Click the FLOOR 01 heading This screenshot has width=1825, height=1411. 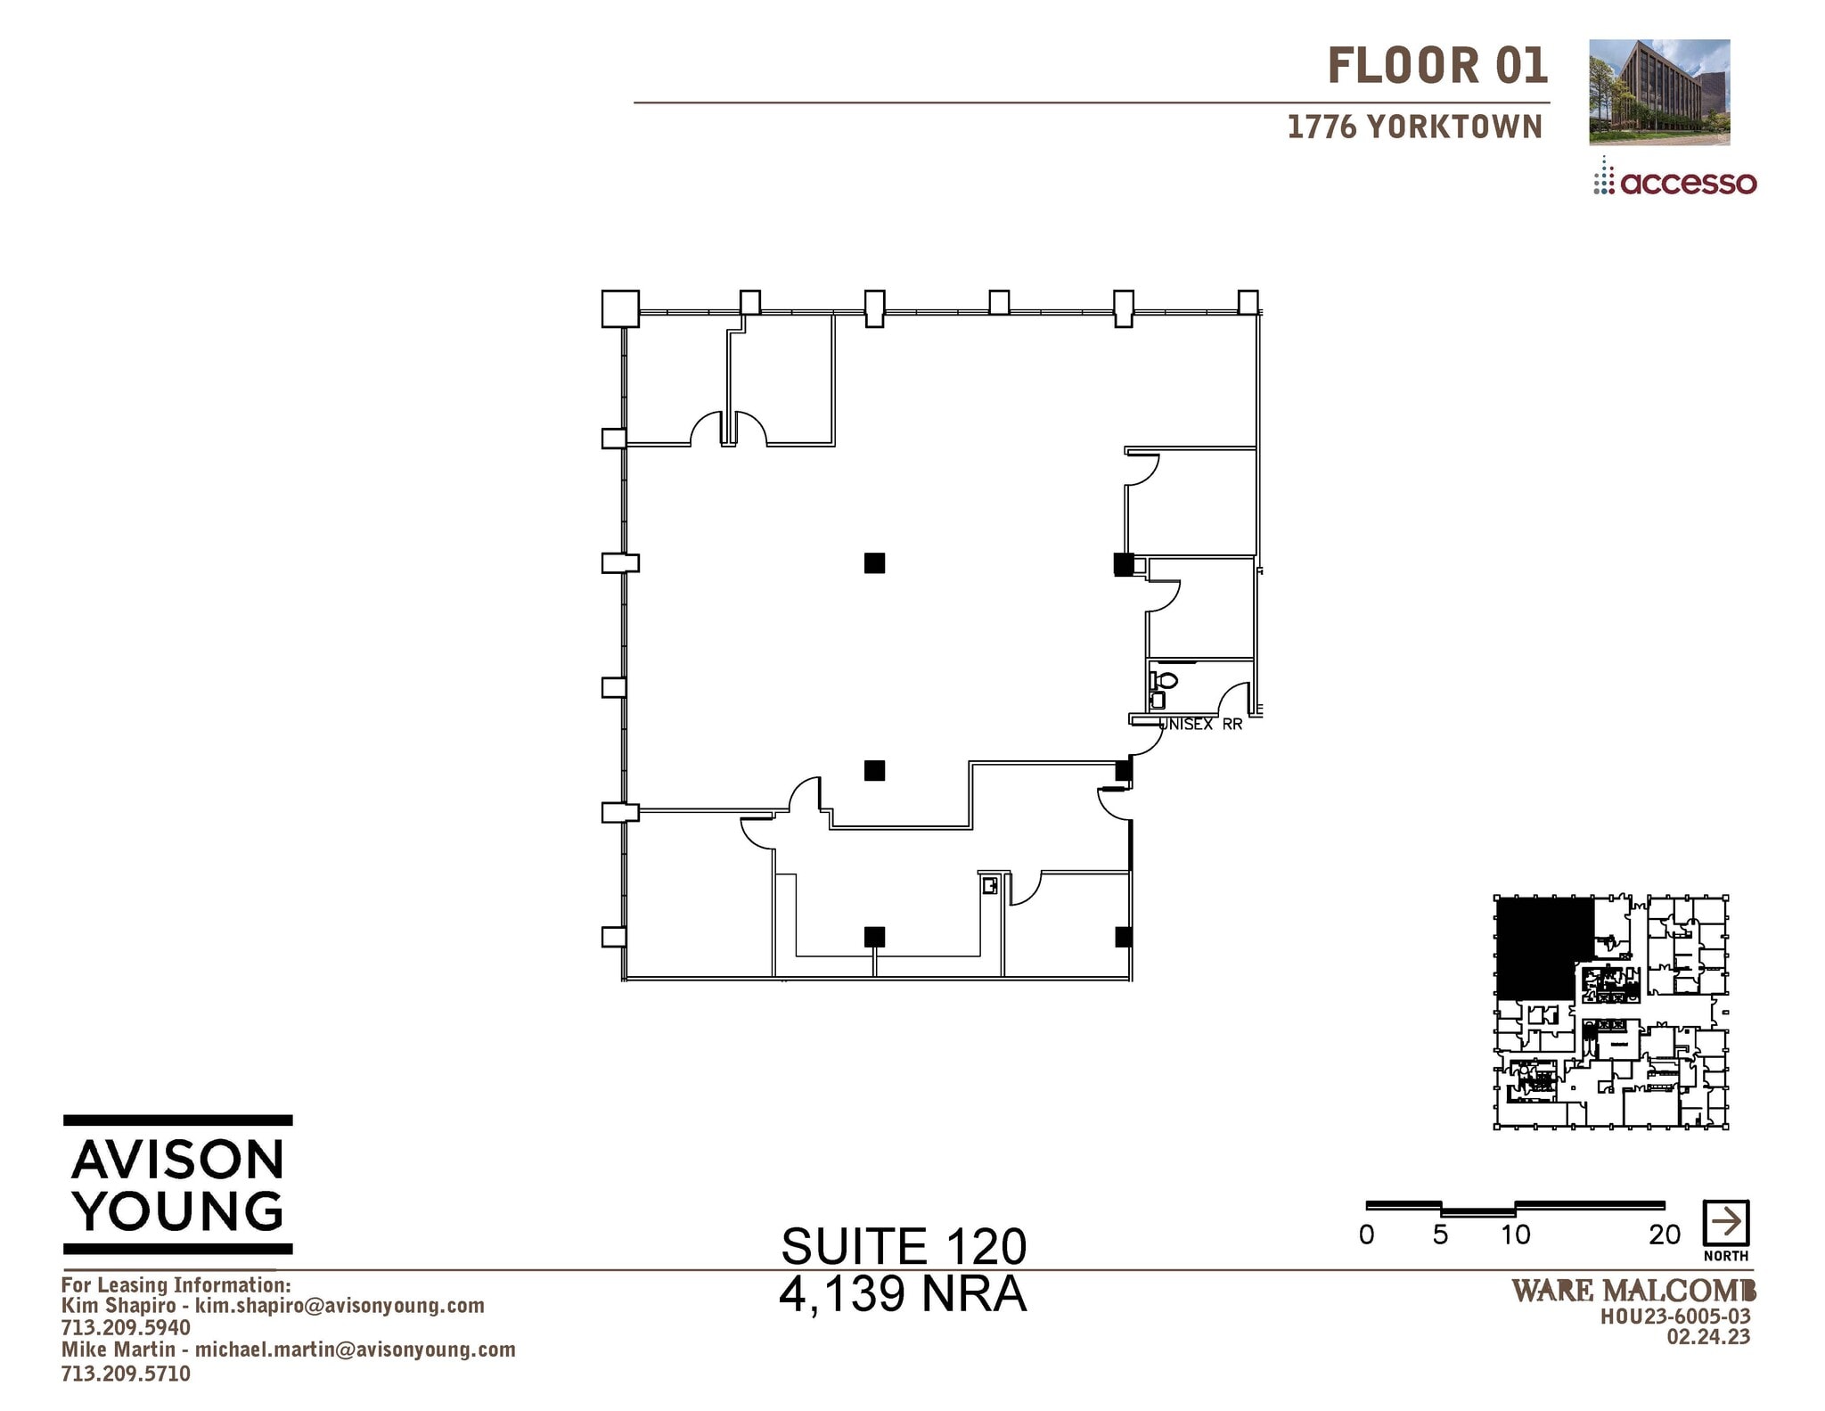click(1436, 66)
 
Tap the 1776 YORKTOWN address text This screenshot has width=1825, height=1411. click(1414, 127)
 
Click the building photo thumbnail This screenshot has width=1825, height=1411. click(1658, 92)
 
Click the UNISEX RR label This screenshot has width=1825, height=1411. click(1199, 725)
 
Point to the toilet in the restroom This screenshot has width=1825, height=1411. click(1164, 681)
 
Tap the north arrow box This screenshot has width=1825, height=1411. click(1725, 1223)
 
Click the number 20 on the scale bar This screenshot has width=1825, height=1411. click(1664, 1235)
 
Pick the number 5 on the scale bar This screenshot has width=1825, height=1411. click(1440, 1235)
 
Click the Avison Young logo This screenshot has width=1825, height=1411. click(178, 1185)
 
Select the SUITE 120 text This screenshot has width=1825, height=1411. click(903, 1246)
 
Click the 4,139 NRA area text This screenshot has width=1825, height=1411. click(903, 1294)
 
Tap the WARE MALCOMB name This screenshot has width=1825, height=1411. click(1633, 1290)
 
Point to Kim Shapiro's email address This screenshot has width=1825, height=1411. click(340, 1306)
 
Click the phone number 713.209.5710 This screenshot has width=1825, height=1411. click(126, 1374)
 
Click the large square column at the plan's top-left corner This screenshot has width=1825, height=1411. click(620, 308)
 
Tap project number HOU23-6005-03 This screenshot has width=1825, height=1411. click(1675, 1317)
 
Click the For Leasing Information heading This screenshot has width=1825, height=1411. click(176, 1284)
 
